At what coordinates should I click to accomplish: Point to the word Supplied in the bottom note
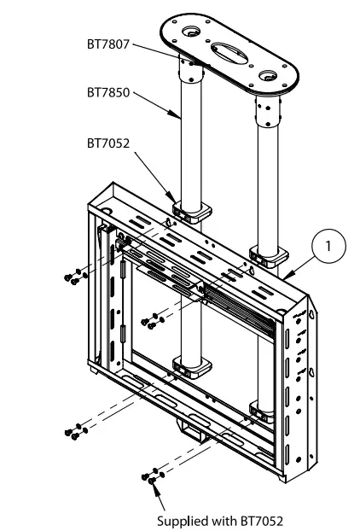pyautogui.click(x=177, y=517)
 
